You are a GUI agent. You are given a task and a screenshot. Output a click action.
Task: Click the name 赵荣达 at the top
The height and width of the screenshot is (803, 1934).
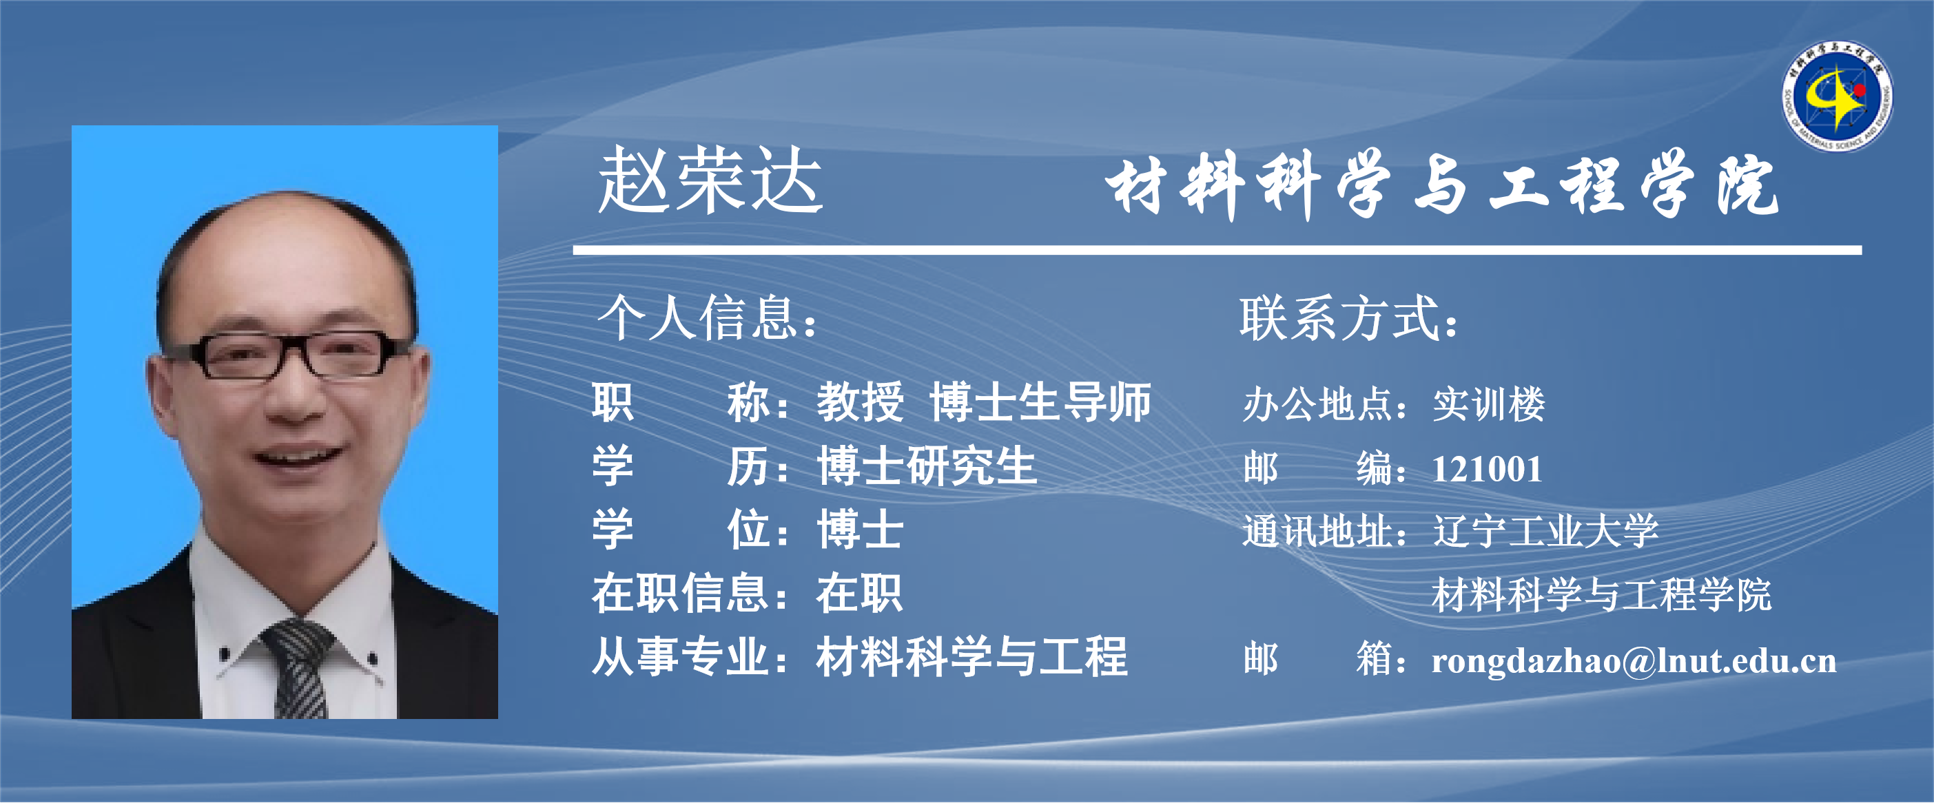click(710, 180)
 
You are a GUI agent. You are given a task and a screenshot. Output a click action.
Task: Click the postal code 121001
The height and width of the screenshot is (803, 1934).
click(1487, 470)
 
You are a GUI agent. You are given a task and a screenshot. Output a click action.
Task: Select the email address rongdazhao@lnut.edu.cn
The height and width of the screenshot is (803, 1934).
click(1634, 660)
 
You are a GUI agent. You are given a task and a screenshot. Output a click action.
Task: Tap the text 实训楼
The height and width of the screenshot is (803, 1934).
click(1489, 404)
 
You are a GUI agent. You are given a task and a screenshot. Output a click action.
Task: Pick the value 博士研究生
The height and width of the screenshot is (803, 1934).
click(927, 466)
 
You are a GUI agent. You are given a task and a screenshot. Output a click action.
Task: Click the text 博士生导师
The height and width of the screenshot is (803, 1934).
click(1040, 402)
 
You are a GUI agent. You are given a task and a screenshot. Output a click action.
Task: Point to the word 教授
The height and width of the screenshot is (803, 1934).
click(861, 402)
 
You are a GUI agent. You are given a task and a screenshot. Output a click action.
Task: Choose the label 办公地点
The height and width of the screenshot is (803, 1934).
click(1317, 404)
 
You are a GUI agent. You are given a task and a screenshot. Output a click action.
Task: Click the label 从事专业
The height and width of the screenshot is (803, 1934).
click(679, 657)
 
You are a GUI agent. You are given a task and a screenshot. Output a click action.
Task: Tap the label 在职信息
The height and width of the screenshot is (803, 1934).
click(679, 593)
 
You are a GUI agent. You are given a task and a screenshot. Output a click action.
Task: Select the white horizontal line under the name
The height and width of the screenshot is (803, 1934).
click(1217, 250)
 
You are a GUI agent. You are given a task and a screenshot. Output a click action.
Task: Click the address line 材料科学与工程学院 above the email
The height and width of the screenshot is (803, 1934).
click(1601, 595)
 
